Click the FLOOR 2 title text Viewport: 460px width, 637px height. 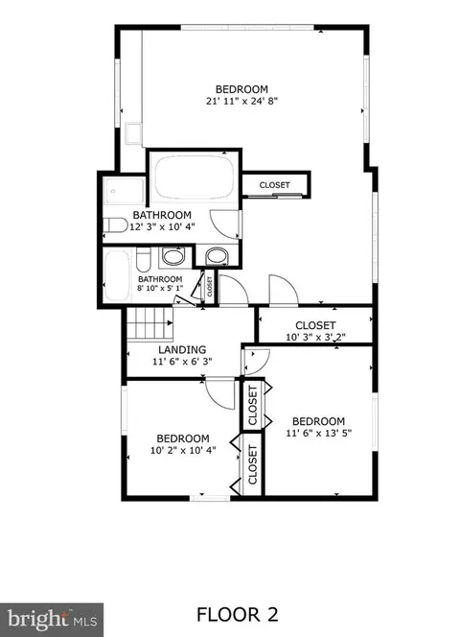[238, 614]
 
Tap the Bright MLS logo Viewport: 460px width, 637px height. [52, 620]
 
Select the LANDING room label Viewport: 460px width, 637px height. [182, 349]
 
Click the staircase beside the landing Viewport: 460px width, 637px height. [150, 323]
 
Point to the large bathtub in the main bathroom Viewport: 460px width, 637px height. [195, 177]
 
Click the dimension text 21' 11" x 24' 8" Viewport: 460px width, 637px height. [241, 101]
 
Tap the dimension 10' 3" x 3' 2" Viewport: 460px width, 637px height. [315, 337]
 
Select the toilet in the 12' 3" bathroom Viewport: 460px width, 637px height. [115, 225]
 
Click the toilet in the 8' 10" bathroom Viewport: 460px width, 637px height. [144, 260]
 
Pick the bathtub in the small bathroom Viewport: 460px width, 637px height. [117, 275]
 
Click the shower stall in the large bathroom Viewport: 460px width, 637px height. [124, 191]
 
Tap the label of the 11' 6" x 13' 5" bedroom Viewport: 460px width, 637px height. [318, 421]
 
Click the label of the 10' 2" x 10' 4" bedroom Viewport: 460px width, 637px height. [183, 438]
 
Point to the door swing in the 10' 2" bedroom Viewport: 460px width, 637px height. [220, 394]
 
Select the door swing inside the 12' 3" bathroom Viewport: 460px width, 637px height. [225, 224]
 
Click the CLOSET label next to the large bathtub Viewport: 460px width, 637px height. [274, 185]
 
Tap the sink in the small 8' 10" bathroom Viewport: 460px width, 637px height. [173, 256]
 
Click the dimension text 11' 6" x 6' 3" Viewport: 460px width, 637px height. [182, 361]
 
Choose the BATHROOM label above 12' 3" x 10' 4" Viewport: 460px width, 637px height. [162, 215]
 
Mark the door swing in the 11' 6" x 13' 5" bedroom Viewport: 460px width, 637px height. [256, 361]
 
